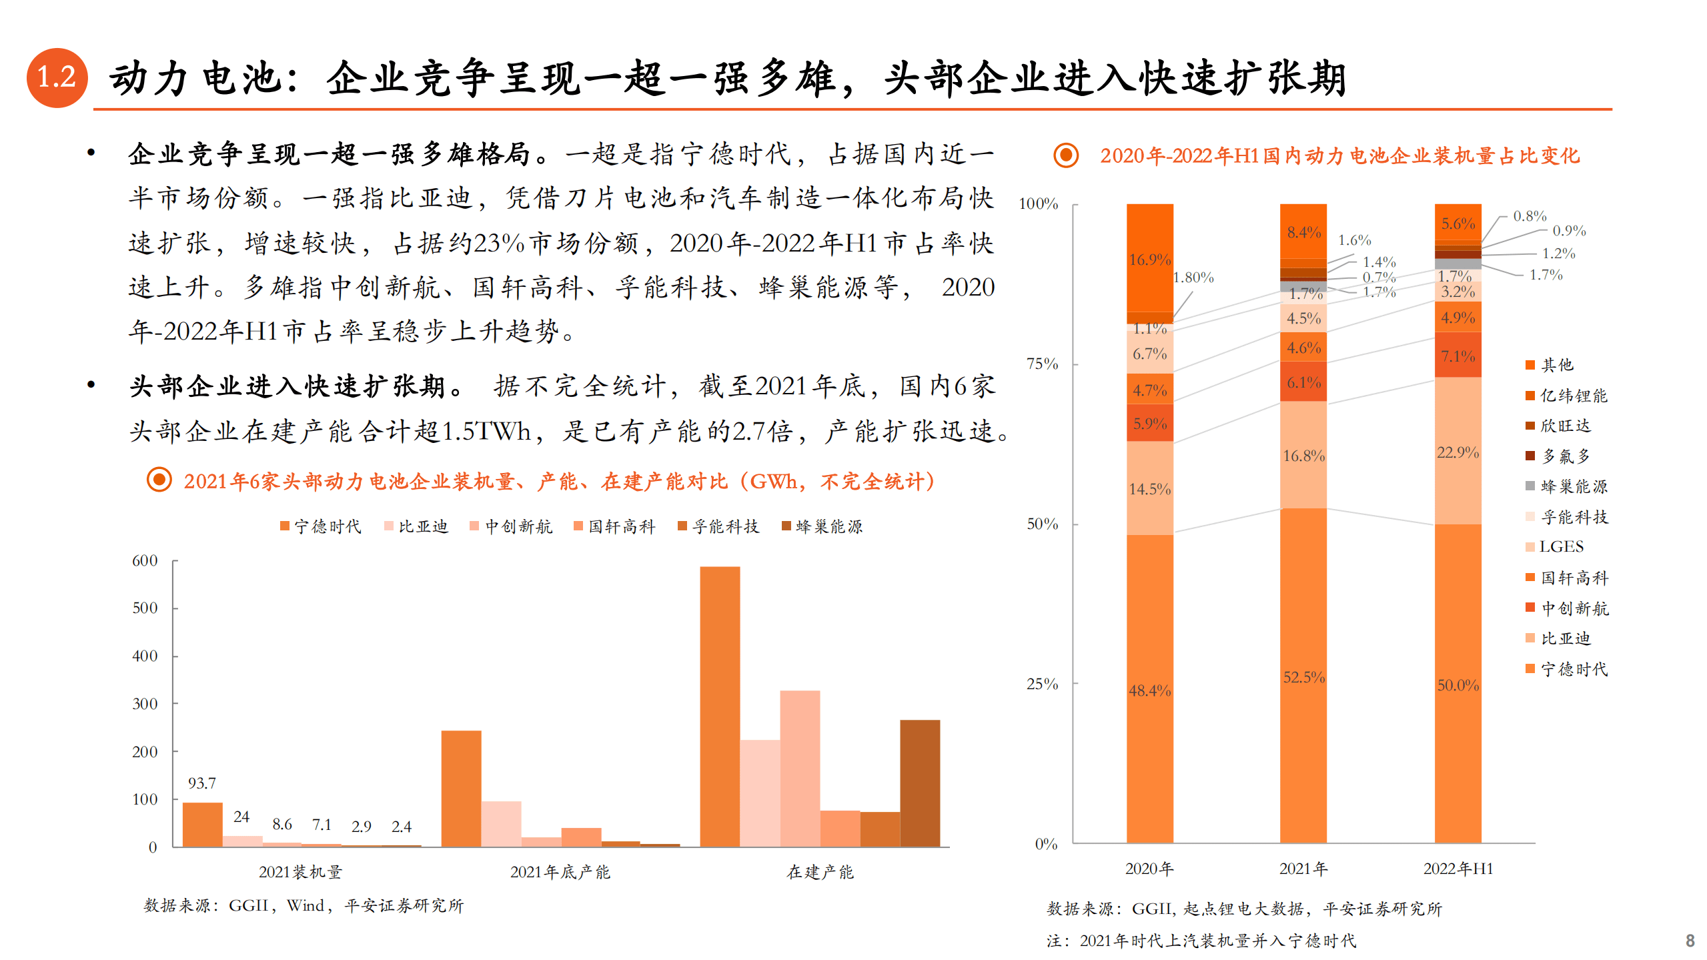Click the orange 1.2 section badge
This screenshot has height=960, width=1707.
pyautogui.click(x=57, y=77)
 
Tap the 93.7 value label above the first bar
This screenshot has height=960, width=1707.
pyautogui.click(x=201, y=783)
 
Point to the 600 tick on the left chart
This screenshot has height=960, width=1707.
pyautogui.click(x=145, y=560)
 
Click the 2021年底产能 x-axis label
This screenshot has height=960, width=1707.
pyautogui.click(x=560, y=872)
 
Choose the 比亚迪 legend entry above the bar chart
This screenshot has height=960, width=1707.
pyautogui.click(x=416, y=526)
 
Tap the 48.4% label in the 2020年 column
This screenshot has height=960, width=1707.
pyautogui.click(x=1149, y=690)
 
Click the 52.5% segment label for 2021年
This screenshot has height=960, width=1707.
pyautogui.click(x=1303, y=677)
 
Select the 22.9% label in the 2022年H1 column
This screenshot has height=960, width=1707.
pyautogui.click(x=1458, y=452)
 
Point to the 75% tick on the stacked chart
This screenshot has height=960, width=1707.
pyautogui.click(x=1042, y=364)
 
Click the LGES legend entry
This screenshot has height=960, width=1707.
pyautogui.click(x=1554, y=547)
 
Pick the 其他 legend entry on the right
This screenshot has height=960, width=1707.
pyautogui.click(x=1550, y=365)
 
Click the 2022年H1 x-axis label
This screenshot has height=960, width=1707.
pyautogui.click(x=1458, y=869)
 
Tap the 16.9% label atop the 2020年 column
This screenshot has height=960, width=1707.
pyautogui.click(x=1149, y=260)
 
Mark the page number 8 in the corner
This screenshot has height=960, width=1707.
pyautogui.click(x=1690, y=941)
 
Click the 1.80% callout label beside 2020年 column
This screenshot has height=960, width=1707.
pyautogui.click(x=1193, y=278)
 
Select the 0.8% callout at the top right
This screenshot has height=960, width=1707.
pyautogui.click(x=1529, y=216)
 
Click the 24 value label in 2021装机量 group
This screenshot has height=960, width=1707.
pyautogui.click(x=241, y=817)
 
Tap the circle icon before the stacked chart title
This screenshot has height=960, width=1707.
pyautogui.click(x=1066, y=155)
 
